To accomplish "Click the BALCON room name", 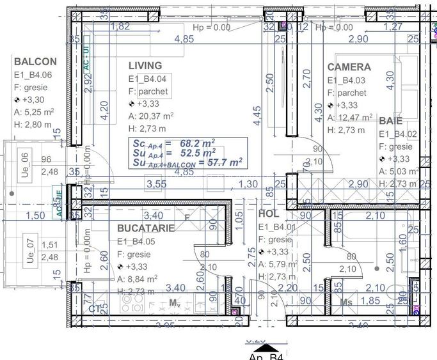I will pos(35,62).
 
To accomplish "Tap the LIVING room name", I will pos(145,65).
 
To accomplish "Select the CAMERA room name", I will pos(349,67).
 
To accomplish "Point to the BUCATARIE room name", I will pos(147,228).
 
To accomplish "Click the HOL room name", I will pos(269,214).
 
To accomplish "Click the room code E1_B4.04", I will pos(148,79).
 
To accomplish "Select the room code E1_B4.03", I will pos(346,81).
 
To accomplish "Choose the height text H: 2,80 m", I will pos(33,125).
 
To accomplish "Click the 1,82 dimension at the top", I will pos(120,26).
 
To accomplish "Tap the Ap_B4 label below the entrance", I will pos(266,356).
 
